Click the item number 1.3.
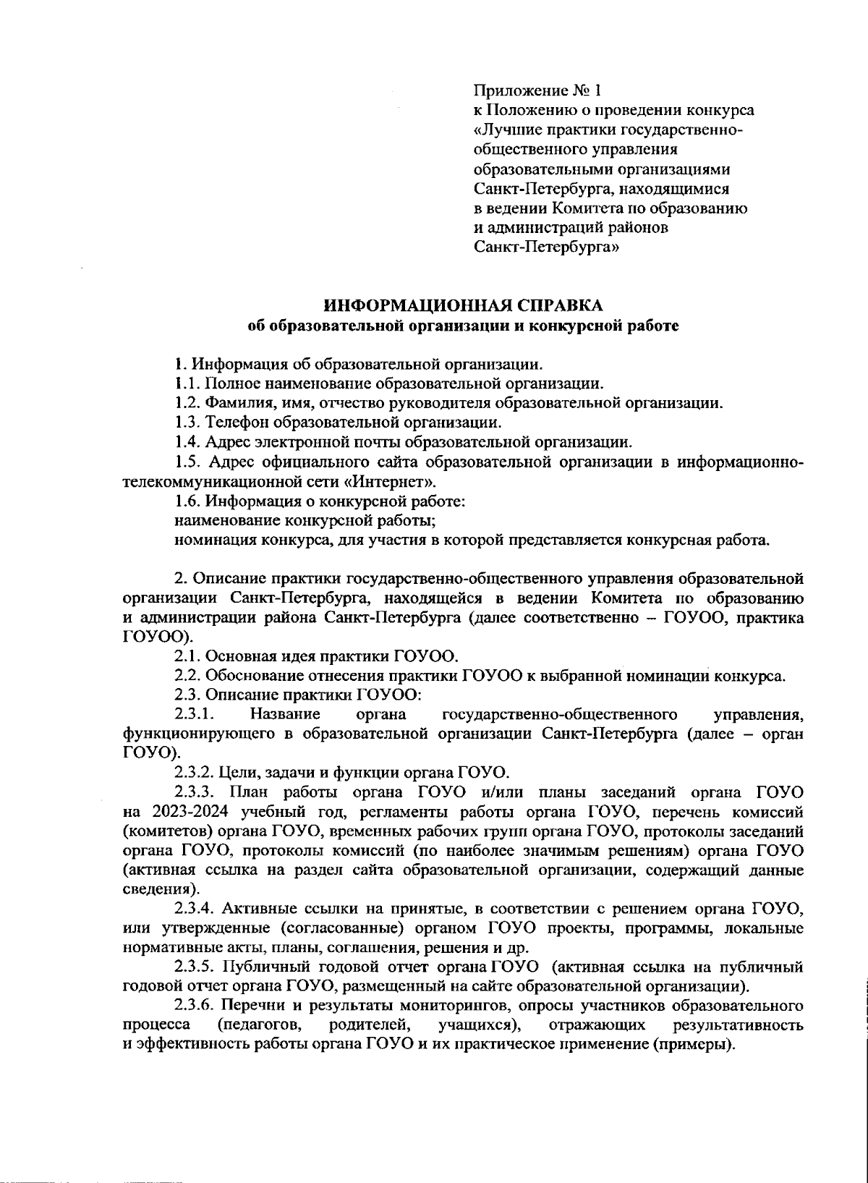(x=187, y=422)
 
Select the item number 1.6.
(x=187, y=501)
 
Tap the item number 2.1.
(x=187, y=657)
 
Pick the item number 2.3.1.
(x=193, y=716)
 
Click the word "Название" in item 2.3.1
(x=286, y=716)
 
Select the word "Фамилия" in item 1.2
(x=237, y=403)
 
